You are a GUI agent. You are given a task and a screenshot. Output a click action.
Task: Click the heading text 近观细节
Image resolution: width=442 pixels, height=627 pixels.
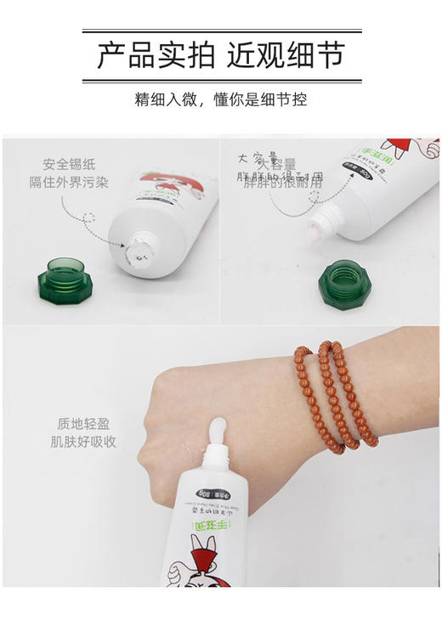(x=286, y=56)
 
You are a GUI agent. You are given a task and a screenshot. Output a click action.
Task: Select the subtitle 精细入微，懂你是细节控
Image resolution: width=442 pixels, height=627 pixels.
(x=221, y=99)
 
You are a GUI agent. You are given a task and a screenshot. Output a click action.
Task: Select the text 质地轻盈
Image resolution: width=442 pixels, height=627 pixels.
(x=82, y=423)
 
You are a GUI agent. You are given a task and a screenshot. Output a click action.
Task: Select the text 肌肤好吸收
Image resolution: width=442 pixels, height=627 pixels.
(x=82, y=442)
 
